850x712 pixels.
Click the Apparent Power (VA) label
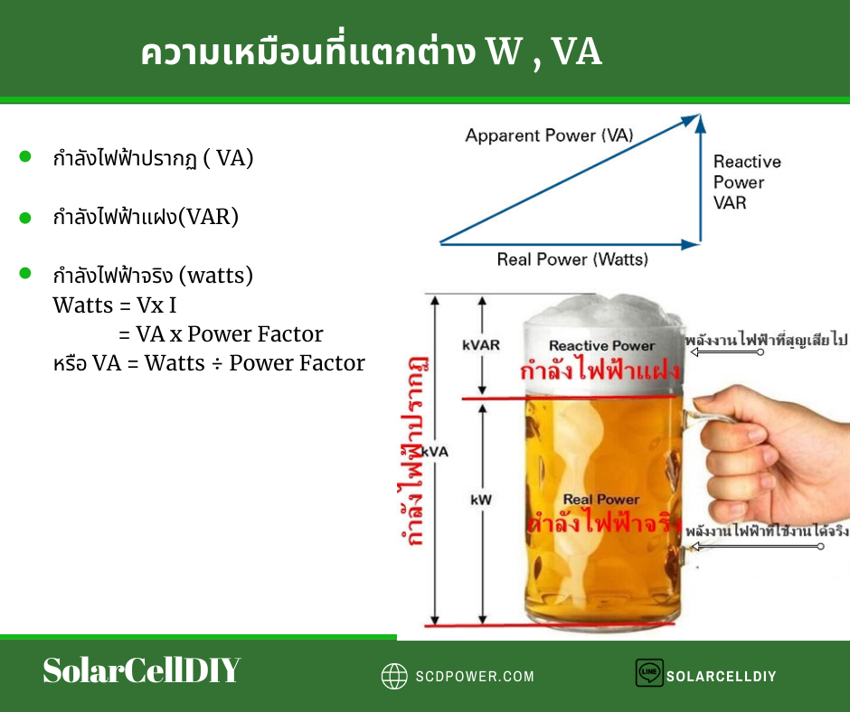[549, 135]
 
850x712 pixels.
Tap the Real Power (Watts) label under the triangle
[572, 259]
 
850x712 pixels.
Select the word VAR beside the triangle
[730, 202]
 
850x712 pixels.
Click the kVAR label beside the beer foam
[481, 345]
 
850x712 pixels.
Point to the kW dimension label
[481, 500]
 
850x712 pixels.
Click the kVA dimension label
[435, 452]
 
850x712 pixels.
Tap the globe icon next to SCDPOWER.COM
[394, 676]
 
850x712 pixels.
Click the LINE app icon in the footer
[649, 672]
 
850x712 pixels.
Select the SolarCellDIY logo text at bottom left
[141, 670]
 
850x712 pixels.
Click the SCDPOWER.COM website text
[475, 676]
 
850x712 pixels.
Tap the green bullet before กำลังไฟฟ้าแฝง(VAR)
[25, 218]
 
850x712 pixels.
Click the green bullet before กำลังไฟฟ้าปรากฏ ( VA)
[25, 156]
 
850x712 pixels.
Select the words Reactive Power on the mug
[601, 346]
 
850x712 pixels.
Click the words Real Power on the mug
[601, 499]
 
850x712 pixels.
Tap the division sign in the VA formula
[217, 364]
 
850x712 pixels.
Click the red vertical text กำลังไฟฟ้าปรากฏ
[412, 450]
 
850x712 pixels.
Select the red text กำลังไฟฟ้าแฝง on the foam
[600, 370]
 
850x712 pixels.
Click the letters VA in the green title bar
[576, 52]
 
